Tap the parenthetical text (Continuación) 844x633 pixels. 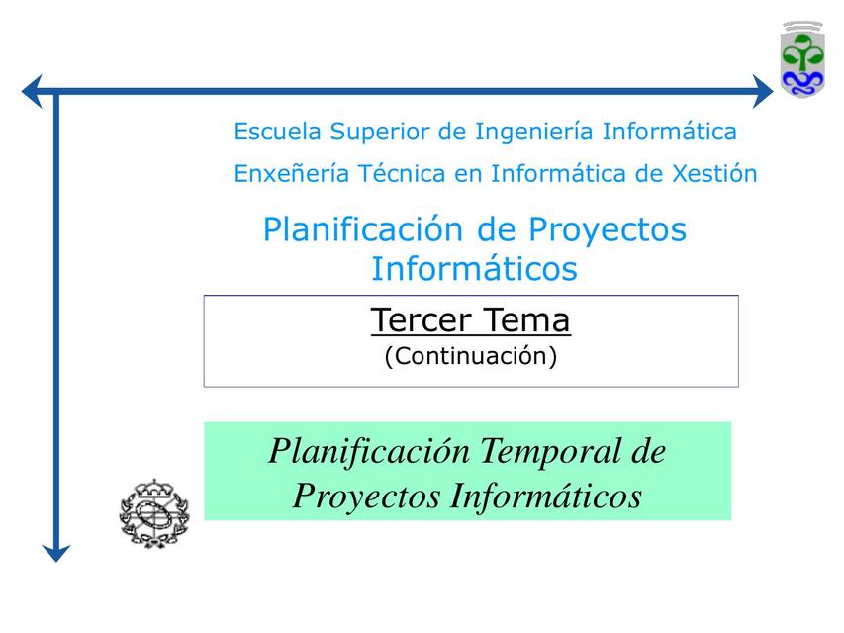[x=471, y=356]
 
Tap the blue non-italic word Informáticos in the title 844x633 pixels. [x=474, y=268]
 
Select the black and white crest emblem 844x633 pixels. [x=154, y=511]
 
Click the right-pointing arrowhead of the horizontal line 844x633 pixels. [x=762, y=92]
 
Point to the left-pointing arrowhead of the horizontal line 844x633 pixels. [x=33, y=92]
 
